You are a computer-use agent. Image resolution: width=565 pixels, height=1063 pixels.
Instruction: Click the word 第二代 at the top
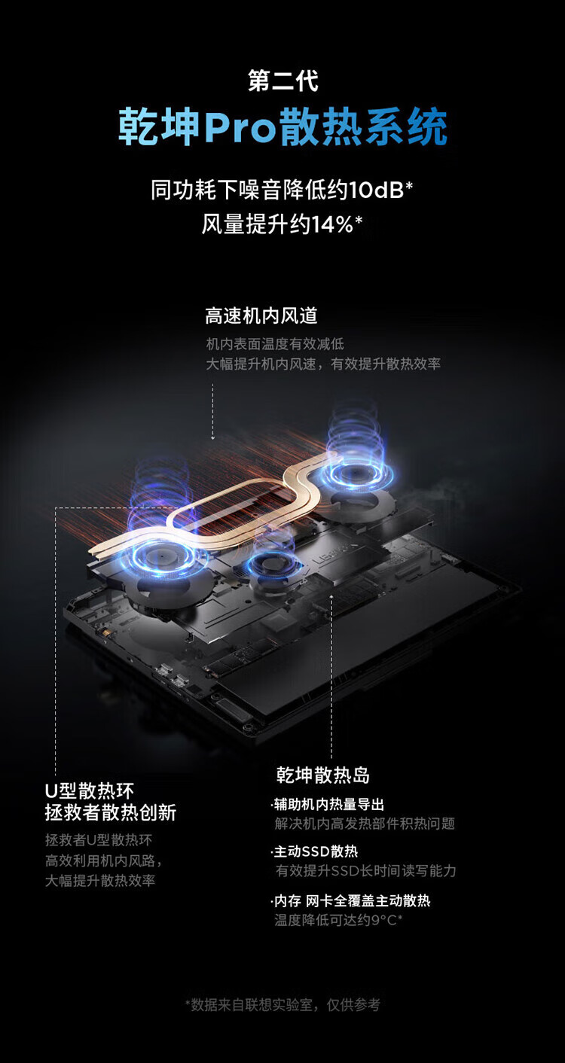point(282,81)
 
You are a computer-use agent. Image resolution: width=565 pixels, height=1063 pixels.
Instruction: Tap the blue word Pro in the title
point(240,127)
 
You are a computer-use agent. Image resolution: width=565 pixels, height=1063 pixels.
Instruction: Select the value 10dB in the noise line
point(376,190)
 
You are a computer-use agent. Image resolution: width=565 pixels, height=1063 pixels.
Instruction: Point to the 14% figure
point(332,224)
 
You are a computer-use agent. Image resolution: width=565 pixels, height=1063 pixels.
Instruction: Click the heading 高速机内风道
point(261,315)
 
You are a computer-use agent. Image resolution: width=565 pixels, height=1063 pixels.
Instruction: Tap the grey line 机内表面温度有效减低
point(275,344)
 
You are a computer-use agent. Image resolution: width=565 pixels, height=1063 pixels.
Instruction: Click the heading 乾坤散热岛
point(322,775)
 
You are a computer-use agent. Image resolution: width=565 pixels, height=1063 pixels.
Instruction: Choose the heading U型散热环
point(90,791)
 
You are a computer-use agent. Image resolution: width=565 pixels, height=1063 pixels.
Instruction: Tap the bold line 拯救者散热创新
point(110,812)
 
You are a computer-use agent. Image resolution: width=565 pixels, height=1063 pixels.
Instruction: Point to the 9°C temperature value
point(386,919)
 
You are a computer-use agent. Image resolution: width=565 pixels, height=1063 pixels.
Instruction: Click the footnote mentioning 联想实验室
point(282,1004)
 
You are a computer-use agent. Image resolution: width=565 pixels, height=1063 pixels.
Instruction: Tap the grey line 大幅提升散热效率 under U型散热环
point(100,880)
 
